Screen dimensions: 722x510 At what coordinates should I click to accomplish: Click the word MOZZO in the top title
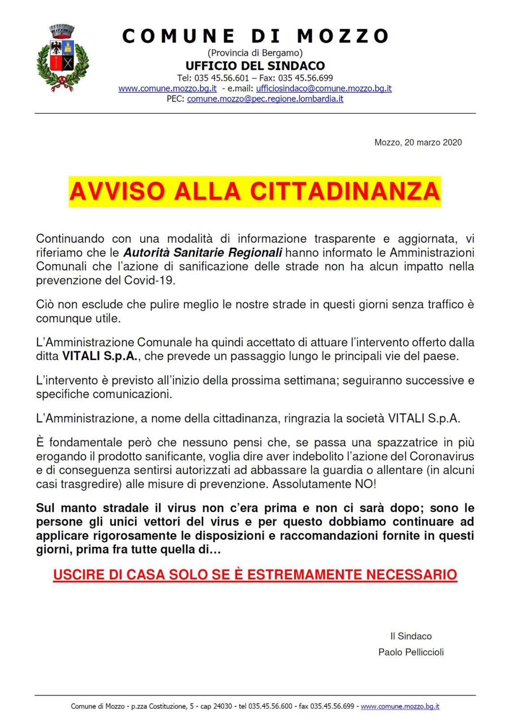[x=343, y=36]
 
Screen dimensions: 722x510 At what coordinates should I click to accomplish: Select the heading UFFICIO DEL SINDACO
[x=255, y=66]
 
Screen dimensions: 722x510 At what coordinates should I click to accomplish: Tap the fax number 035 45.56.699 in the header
[x=306, y=78]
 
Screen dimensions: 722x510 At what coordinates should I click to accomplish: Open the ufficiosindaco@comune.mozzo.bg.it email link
[x=323, y=89]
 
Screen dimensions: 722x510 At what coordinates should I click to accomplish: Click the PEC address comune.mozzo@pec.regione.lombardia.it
[x=265, y=99]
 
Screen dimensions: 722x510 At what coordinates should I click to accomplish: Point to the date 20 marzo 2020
[x=433, y=142]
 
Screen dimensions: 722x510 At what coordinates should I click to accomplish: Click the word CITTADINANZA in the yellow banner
[x=345, y=191]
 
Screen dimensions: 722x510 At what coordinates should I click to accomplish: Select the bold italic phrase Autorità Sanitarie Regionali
[x=203, y=253]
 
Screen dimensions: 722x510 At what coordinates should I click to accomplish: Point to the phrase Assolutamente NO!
[x=324, y=484]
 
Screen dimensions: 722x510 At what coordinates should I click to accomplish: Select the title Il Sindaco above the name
[x=411, y=636]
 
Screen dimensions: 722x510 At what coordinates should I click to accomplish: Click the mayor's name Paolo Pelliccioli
[x=411, y=652]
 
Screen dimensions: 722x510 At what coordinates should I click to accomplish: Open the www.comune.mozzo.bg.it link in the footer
[x=399, y=706]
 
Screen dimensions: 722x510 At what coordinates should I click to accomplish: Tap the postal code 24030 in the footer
[x=222, y=706]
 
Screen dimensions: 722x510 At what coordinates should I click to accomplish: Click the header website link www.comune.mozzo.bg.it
[x=167, y=89]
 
